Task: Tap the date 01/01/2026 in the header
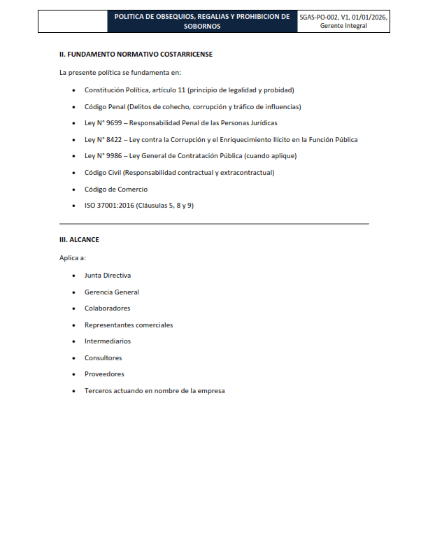click(371, 16)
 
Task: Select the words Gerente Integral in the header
click(343, 26)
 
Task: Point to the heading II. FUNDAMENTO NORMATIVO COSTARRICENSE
click(136, 54)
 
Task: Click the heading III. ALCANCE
click(79, 240)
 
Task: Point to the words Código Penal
click(105, 107)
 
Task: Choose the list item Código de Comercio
click(116, 190)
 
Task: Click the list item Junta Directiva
click(108, 276)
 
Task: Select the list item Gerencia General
click(112, 292)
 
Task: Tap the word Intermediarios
click(108, 341)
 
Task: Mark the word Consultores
click(104, 358)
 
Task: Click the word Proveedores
click(104, 374)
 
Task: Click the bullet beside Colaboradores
click(75, 308)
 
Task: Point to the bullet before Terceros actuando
click(75, 391)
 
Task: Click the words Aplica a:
click(73, 258)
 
